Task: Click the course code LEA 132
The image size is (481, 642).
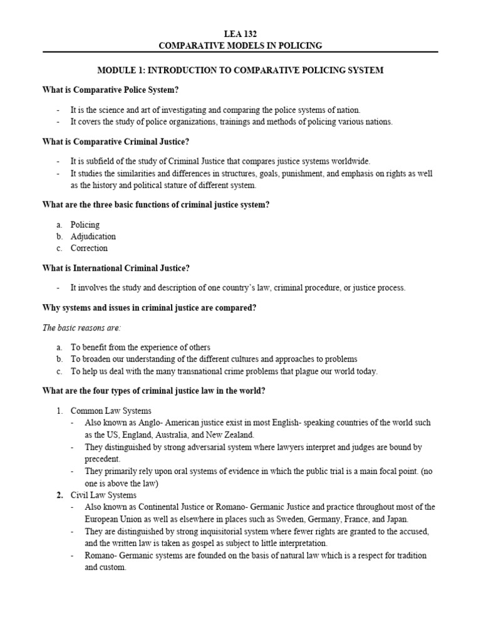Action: (x=240, y=33)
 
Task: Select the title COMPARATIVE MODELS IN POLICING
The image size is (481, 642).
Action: (x=240, y=45)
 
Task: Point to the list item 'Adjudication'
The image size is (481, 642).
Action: (x=93, y=236)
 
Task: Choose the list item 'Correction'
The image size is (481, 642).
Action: (x=89, y=248)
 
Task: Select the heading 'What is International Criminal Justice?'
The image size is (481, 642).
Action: (x=116, y=268)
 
